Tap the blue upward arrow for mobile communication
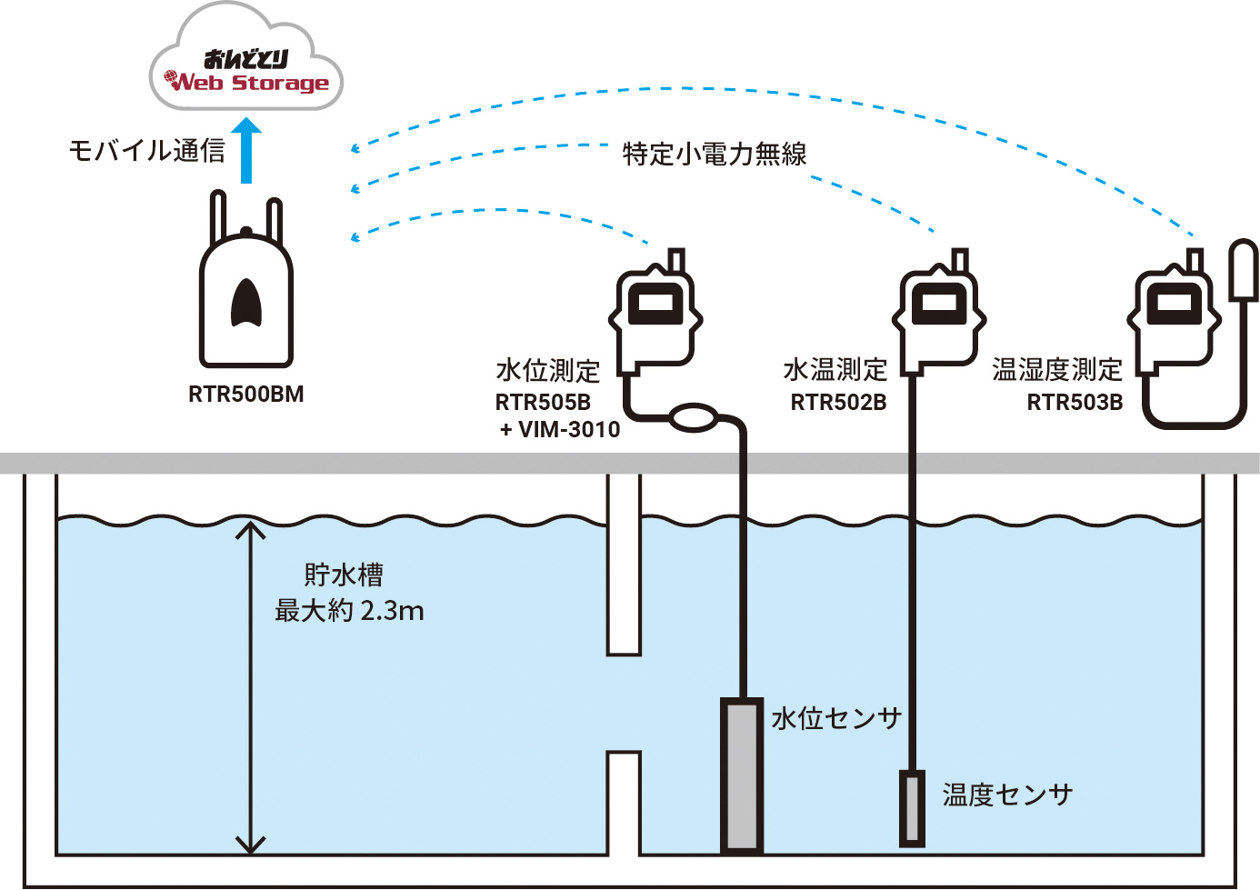245,152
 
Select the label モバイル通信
146,151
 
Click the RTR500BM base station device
245,291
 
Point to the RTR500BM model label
245,395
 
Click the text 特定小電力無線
715,155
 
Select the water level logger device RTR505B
655,315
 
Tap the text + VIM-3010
560,429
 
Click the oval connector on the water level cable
693,418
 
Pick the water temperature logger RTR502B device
939,315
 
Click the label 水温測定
835,370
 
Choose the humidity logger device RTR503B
1174,315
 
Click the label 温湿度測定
1056,370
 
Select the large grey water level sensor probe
741,775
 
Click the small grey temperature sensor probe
912,807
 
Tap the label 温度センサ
1007,795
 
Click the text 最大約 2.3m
349,611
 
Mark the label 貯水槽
344,575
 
